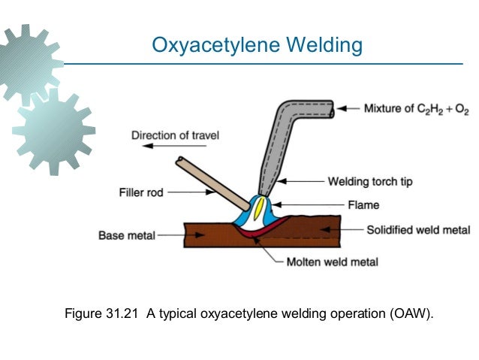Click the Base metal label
(x=126, y=235)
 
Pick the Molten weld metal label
(x=333, y=262)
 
